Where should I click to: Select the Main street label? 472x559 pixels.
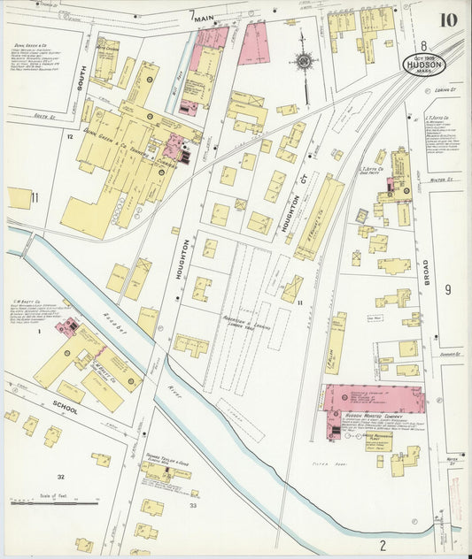(x=205, y=17)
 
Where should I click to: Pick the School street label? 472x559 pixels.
(x=65, y=410)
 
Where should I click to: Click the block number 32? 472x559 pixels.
(x=61, y=477)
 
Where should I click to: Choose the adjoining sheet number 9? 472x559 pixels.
(x=448, y=288)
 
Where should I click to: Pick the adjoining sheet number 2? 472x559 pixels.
(x=383, y=544)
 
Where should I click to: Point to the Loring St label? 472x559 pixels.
(x=444, y=89)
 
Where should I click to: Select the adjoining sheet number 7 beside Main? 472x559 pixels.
(x=191, y=14)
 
